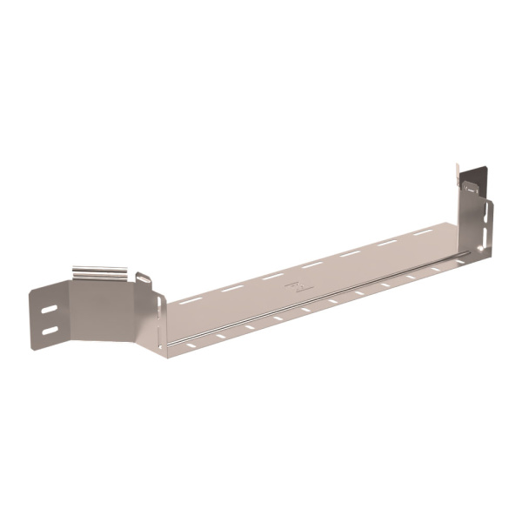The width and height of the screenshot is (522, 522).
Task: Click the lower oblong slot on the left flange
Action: pos(50,329)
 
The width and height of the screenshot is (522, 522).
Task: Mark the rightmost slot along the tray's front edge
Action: pos(454,261)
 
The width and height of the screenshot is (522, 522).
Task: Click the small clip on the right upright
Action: pos(471,188)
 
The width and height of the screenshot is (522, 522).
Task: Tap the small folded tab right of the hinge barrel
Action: pos(144,278)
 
